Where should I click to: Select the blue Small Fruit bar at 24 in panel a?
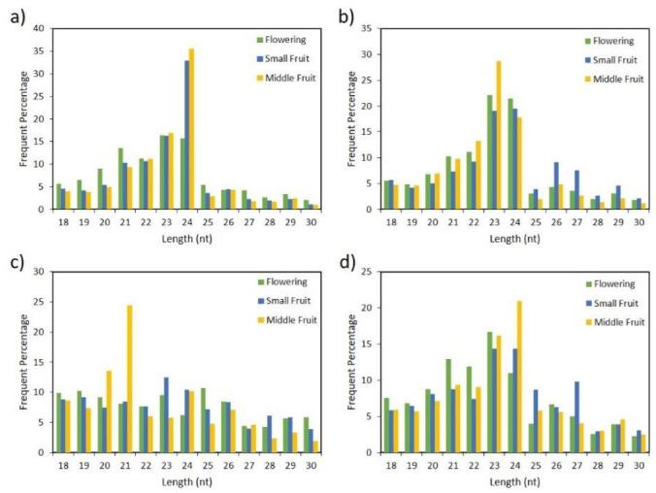point(186,135)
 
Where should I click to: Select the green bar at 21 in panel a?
point(119,179)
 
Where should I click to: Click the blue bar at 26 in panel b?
point(555,185)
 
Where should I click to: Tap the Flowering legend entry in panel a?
point(276,40)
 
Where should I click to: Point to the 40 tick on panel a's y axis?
point(42,28)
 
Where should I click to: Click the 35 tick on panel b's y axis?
point(370,28)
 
